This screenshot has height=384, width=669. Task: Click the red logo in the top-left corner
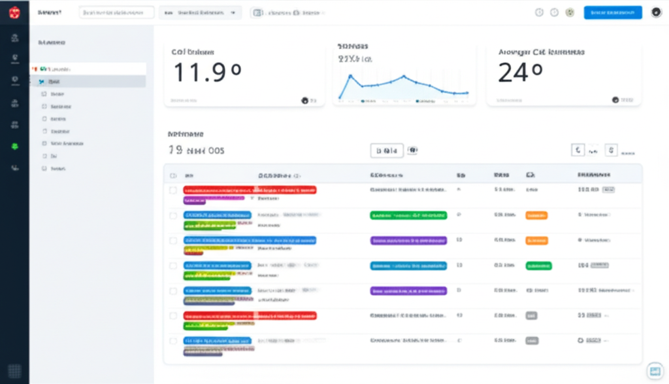pyautogui.click(x=14, y=12)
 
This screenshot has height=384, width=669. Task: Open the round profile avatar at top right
pyautogui.click(x=656, y=12)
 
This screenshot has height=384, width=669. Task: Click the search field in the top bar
pyautogui.click(x=116, y=12)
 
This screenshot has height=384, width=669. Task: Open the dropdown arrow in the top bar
pyautogui.click(x=233, y=12)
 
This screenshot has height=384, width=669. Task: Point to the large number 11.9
pyautogui.click(x=207, y=71)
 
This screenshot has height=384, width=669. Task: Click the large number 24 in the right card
pyautogui.click(x=520, y=71)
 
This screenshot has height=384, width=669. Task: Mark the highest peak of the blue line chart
pyautogui.click(x=351, y=75)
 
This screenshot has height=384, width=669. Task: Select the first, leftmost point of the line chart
pyautogui.click(x=340, y=98)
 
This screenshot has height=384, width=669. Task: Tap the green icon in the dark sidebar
pyautogui.click(x=14, y=146)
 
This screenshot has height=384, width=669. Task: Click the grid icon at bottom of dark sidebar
pyautogui.click(x=14, y=371)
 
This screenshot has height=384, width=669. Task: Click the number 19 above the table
pyautogui.click(x=174, y=150)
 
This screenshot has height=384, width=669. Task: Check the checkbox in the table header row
pyautogui.click(x=173, y=176)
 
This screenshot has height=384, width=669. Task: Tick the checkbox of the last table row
pyautogui.click(x=173, y=341)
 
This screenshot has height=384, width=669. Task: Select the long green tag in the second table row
pyautogui.click(x=408, y=215)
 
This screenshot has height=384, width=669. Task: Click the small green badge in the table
pyautogui.click(x=538, y=266)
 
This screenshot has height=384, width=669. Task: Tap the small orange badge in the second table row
pyautogui.click(x=536, y=215)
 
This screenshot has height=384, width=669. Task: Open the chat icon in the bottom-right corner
pyautogui.click(x=654, y=371)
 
